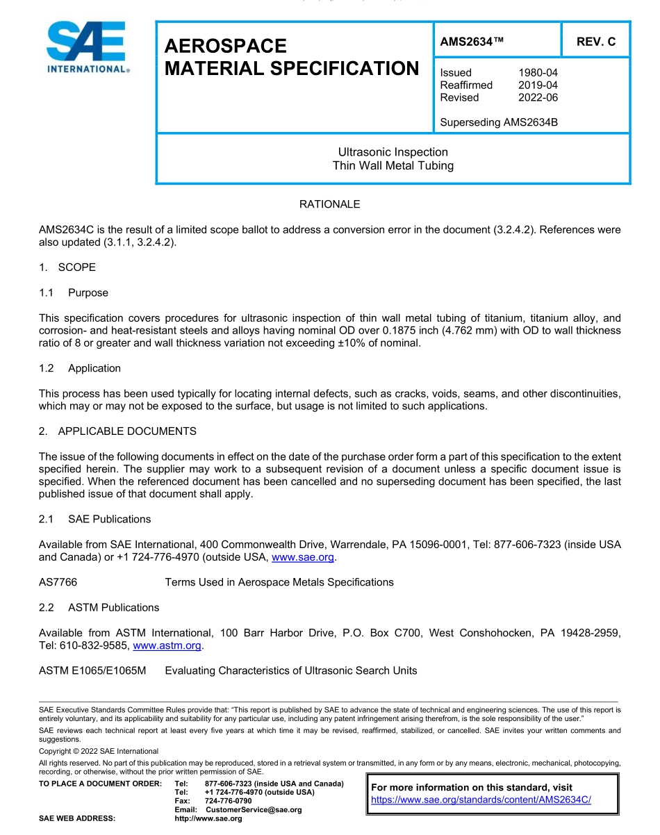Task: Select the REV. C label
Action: (595, 42)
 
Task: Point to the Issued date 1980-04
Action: (538, 72)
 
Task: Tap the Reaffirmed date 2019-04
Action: (538, 85)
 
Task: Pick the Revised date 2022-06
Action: (538, 97)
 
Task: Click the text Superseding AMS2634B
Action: (499, 122)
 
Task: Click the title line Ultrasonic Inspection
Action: (393, 152)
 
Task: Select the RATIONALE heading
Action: (329, 204)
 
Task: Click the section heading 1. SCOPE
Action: (67, 267)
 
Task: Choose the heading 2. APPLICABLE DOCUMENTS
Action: (117, 431)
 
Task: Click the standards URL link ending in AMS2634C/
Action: (481, 800)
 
